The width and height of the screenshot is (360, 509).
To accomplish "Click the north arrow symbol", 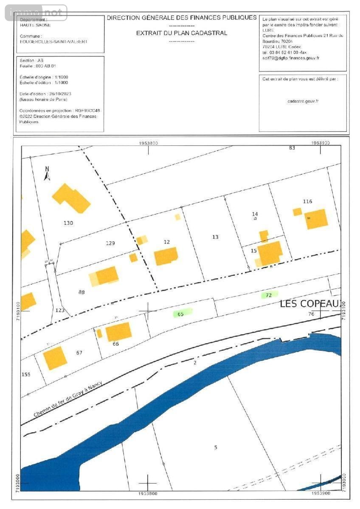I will tap(47, 173).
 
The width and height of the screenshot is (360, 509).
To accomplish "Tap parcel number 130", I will tap(68, 223).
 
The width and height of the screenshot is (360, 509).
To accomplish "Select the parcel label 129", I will tap(110, 243).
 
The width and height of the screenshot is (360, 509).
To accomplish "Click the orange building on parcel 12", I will tap(166, 256).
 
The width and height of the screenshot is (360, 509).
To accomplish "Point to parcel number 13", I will tap(215, 237).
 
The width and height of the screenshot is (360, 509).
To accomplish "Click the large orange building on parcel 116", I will tap(317, 219).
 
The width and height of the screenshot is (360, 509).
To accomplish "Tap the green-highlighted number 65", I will tap(181, 314).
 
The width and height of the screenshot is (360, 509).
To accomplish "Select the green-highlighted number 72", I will tap(268, 295).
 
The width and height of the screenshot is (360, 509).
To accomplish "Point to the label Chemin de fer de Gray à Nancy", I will tap(68, 399).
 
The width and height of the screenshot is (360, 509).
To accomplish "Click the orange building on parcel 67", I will tap(55, 358).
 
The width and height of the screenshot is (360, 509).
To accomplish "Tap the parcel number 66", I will tap(116, 344).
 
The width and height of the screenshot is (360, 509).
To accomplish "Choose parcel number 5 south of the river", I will tap(216, 447).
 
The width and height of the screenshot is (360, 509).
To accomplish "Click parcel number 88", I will tap(82, 292).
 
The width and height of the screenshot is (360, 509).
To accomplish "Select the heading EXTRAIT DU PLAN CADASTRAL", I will tap(182, 33).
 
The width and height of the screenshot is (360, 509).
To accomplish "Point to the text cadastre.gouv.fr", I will tap(303, 101).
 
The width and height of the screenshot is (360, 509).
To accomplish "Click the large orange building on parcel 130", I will tap(71, 198).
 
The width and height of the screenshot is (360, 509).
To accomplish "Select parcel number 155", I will tap(26, 374).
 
